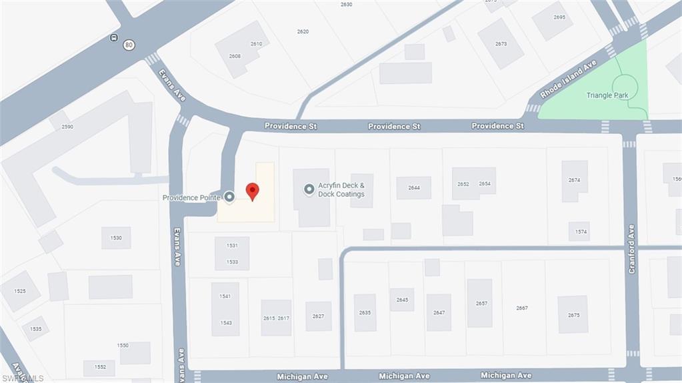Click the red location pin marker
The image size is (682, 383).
point(252,191)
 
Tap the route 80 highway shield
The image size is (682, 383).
point(129,45)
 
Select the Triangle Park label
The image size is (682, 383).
point(607,95)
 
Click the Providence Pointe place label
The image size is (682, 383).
point(191,198)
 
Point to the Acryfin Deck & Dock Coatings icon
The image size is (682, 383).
point(309,189)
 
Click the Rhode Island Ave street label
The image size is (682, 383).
point(569,79)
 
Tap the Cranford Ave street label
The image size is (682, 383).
point(631,248)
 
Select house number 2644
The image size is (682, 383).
point(414,187)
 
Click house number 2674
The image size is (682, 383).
point(574,180)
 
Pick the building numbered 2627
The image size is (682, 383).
point(318,316)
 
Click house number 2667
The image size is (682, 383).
point(522,308)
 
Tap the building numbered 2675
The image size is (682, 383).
point(573,315)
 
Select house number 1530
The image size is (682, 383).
point(116,238)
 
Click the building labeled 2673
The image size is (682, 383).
point(501,44)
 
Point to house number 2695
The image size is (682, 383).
point(559,17)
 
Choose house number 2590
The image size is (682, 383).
point(67,126)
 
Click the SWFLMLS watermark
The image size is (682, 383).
point(22,378)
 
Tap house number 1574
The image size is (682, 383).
point(581,232)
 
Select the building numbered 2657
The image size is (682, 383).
point(481,303)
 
